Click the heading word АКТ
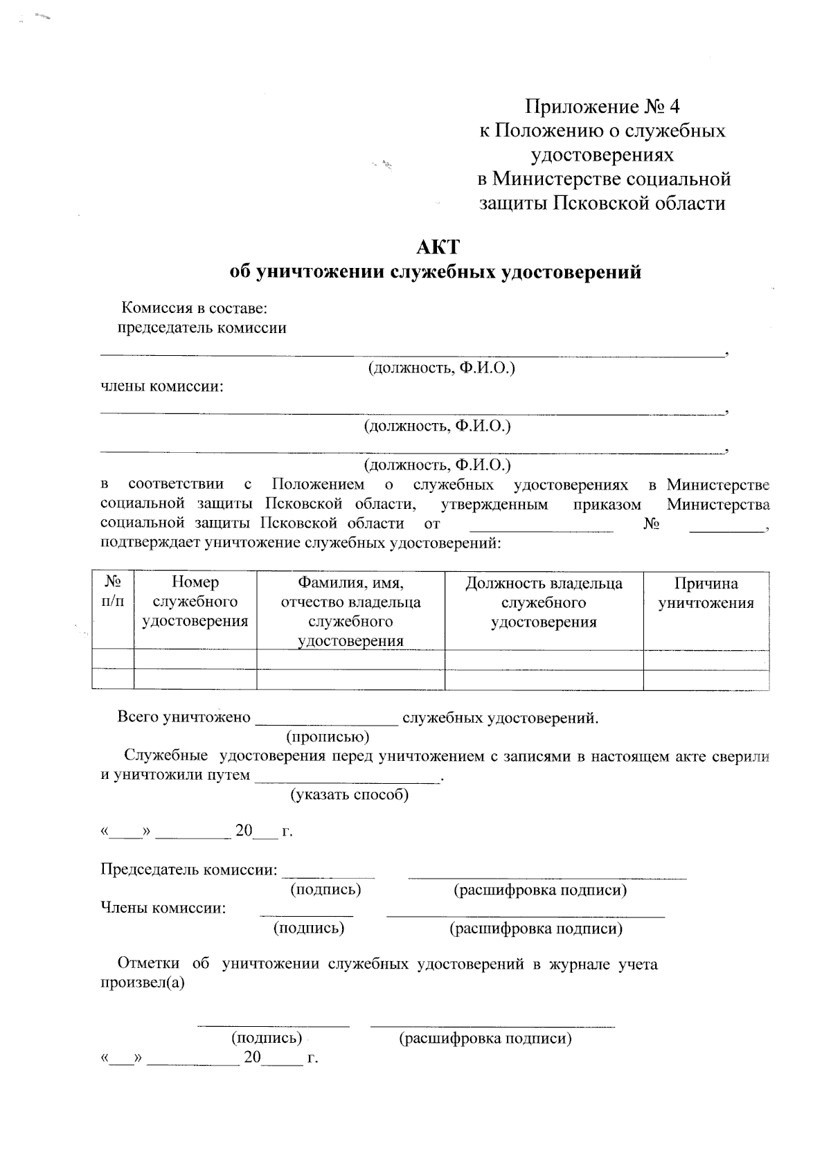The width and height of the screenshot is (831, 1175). pos(436,247)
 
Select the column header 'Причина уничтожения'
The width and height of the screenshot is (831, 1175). pos(706,593)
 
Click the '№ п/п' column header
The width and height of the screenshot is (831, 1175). pos(113,592)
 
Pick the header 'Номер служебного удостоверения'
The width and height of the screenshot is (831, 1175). pos(195,602)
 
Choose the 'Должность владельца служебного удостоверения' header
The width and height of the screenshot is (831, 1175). pos(544,602)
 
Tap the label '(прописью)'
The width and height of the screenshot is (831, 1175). pos(328,736)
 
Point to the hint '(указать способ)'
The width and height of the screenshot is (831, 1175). pos(349,794)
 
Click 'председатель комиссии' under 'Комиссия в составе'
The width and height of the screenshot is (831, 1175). pos(201,328)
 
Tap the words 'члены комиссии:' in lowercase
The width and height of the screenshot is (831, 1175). pos(163,386)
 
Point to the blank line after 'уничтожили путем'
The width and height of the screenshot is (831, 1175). pos(346,778)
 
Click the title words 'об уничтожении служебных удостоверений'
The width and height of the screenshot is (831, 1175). pos(436,272)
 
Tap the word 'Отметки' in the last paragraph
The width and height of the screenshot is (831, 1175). pos(148,964)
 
